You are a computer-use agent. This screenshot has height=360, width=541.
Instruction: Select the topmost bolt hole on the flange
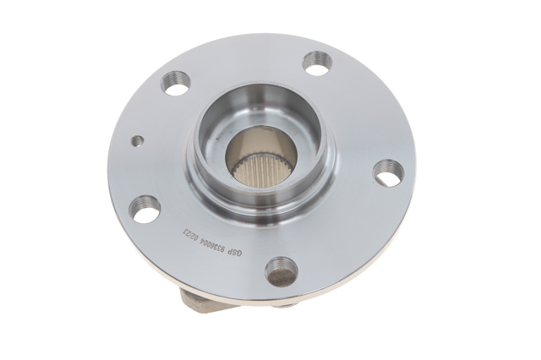tap(318, 61)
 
